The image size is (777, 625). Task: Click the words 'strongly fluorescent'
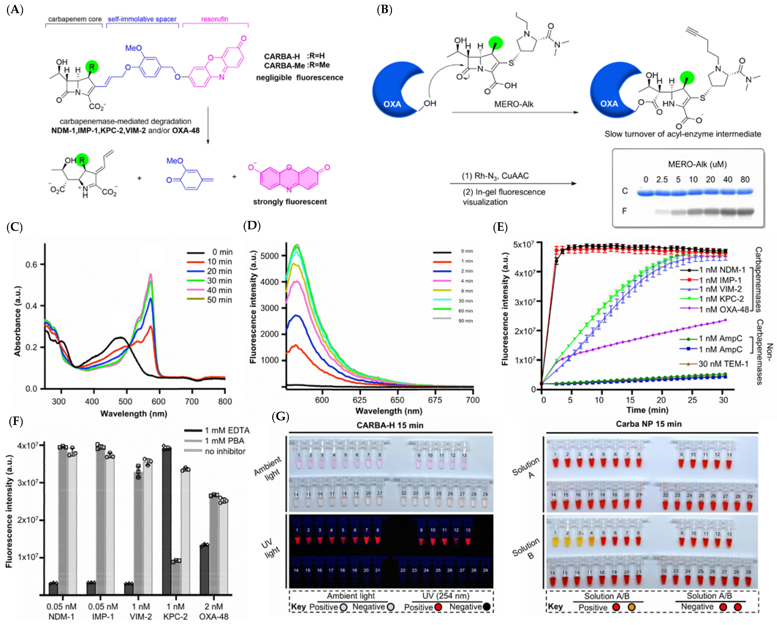click(x=290, y=202)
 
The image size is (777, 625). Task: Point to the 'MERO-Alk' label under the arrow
click(x=514, y=104)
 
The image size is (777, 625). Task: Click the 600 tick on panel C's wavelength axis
click(x=159, y=401)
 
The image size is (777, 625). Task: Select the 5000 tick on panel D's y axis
click(x=269, y=256)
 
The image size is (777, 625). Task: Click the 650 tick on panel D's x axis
click(x=397, y=400)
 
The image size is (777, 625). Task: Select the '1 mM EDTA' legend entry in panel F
click(x=227, y=430)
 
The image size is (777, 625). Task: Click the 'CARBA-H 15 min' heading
click(x=390, y=425)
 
